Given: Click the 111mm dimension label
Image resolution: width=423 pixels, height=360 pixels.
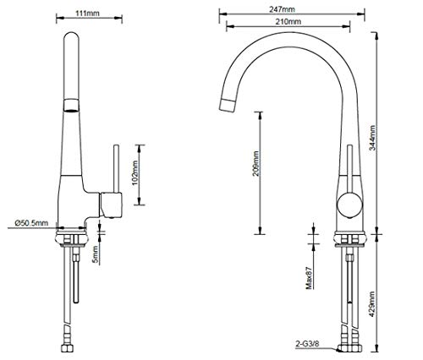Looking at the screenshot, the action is point(87,13).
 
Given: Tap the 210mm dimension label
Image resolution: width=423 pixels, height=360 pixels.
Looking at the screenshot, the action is point(288,21).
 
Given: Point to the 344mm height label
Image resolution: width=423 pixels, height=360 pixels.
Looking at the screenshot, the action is point(372,138).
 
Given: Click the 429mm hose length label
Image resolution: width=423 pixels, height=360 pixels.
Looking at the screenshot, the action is point(372,304).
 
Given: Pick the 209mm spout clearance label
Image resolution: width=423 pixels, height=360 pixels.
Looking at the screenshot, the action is point(255,164).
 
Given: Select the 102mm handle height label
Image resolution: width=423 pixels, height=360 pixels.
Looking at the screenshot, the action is point(135,173).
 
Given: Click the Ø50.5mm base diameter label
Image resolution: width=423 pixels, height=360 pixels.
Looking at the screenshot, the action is point(31,223).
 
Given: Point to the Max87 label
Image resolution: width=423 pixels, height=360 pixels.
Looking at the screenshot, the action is point(309,278).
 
